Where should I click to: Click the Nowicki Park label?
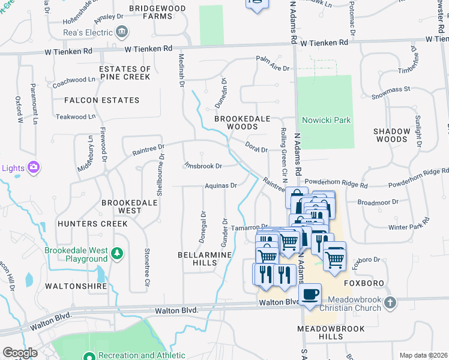tap(326, 121)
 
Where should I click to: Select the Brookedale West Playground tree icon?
tap(118, 254)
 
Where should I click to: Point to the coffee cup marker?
tap(310, 294)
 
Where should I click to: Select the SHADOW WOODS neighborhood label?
tap(391, 135)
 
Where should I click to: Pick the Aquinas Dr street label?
tap(221, 186)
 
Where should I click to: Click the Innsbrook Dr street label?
tap(203, 165)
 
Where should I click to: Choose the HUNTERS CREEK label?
tap(92, 224)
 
